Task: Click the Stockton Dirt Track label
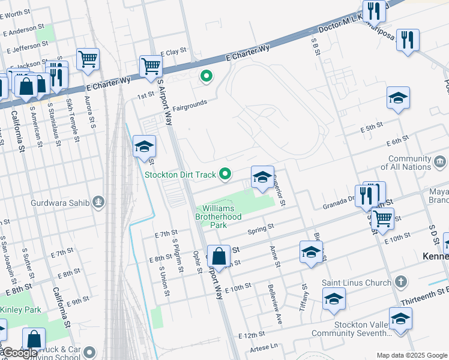[179, 175]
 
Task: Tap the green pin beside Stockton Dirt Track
[226, 174]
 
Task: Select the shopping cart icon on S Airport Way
[150, 66]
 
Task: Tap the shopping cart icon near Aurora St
[88, 59]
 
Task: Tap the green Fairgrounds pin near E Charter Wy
[206, 76]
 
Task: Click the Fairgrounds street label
[190, 106]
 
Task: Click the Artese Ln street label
[267, 346]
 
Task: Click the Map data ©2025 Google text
[412, 355]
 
